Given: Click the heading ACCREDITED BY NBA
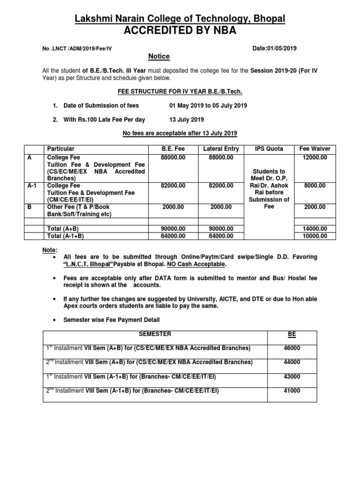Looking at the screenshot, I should click(180, 31).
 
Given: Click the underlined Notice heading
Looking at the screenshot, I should click(159, 56).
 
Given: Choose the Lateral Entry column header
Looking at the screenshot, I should click(221, 149).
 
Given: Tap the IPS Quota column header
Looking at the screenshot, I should click(269, 149).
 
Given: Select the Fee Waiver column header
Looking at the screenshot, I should click(315, 149).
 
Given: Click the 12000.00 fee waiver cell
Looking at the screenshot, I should click(315, 157).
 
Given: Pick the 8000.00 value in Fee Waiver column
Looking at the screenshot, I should click(315, 186).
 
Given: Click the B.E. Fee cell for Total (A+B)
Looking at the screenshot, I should click(173, 229).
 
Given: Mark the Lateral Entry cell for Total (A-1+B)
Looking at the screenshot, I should click(221, 236).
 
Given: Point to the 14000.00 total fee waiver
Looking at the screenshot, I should click(315, 229).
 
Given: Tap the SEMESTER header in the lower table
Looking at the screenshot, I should click(155, 334).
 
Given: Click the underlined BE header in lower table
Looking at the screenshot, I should click(292, 334).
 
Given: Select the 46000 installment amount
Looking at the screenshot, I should click(292, 348).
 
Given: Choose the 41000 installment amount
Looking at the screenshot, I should click(292, 390).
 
